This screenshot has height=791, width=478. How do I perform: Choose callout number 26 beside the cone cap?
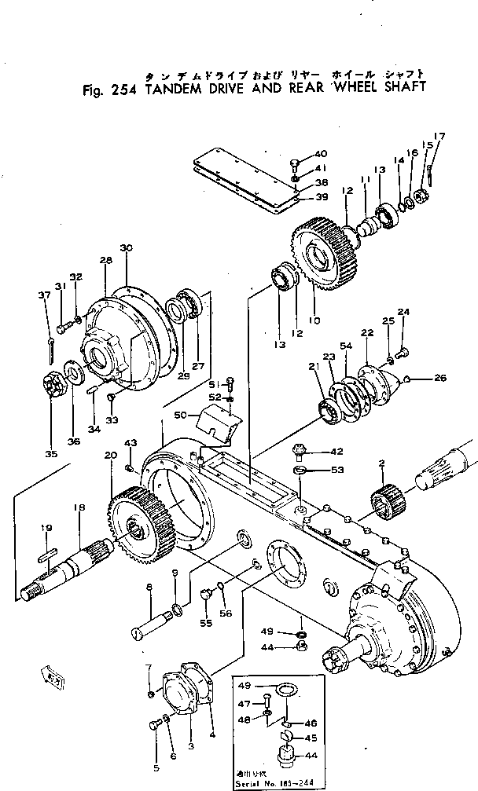[439, 378]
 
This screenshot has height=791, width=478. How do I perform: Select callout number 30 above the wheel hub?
[126, 249]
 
